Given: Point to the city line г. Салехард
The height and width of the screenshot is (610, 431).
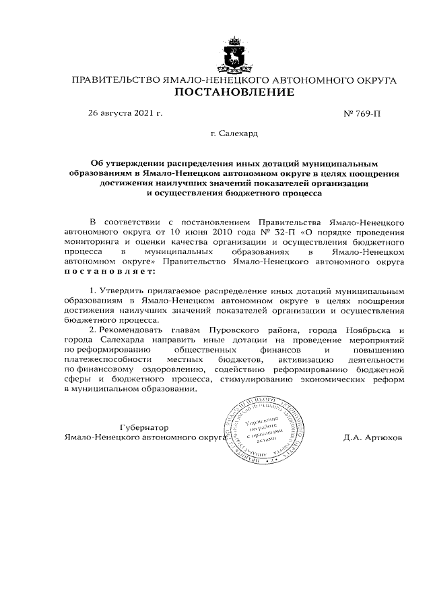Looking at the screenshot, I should [x=234, y=135].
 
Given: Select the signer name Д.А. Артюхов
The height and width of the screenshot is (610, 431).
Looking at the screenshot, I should [x=372, y=437].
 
